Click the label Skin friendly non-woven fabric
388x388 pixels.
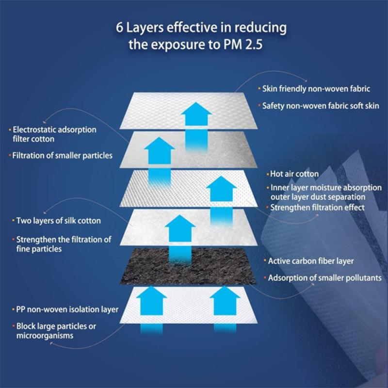pos(316,89)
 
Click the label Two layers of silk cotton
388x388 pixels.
pos(59,221)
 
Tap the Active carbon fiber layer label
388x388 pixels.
pos(311,261)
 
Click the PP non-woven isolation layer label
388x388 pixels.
pos(67,309)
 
